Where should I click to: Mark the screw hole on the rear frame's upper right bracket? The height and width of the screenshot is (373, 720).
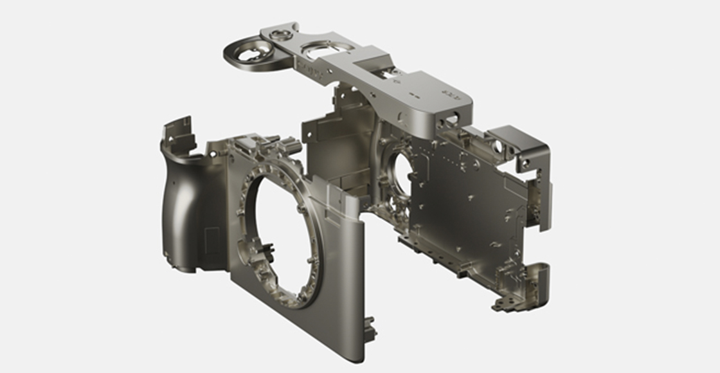coord(526,165)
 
